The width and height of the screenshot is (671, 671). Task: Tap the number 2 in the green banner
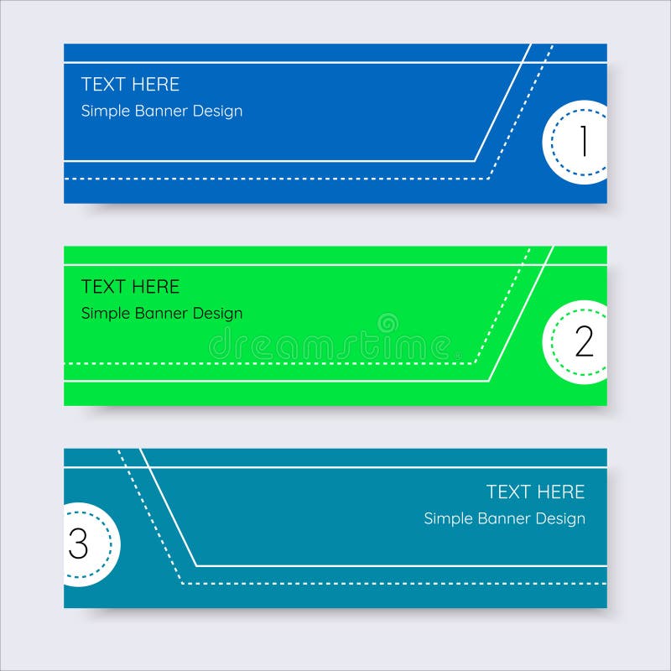point(584,342)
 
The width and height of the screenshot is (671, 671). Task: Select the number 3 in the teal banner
point(78,544)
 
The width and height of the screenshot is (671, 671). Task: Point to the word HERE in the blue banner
point(156,85)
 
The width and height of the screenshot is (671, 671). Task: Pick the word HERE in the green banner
point(156,287)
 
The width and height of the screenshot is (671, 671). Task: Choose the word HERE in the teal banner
point(561,492)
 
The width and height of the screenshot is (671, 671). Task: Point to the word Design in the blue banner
point(218,112)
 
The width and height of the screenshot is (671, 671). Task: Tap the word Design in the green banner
point(218,314)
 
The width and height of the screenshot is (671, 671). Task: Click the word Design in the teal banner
point(561,519)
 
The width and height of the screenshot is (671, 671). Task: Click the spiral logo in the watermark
point(388,323)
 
